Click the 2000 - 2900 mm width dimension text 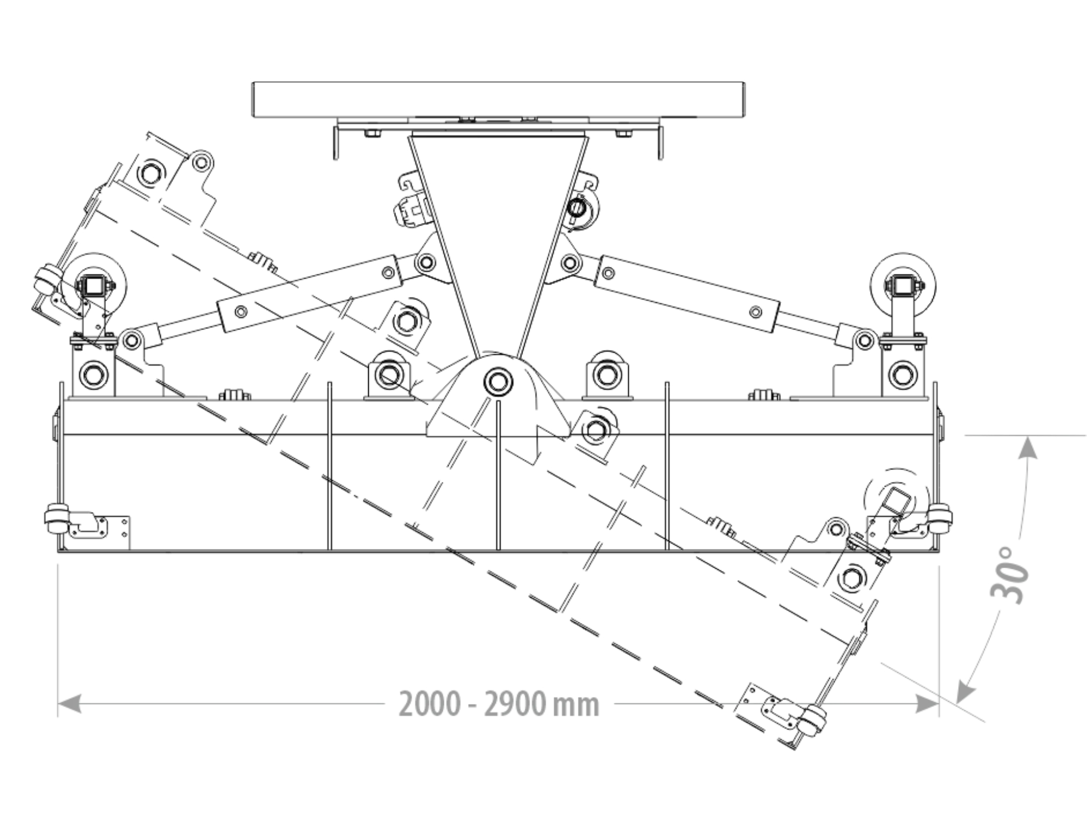click(x=499, y=705)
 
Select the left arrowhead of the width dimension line click(x=70, y=704)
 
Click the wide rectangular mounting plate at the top click(x=499, y=100)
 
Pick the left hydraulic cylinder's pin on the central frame click(x=426, y=263)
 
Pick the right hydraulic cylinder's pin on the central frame click(x=569, y=263)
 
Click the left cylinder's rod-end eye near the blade click(x=131, y=340)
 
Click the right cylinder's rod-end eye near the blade click(x=865, y=341)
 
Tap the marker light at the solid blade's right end click(x=941, y=517)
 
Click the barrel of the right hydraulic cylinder click(x=687, y=294)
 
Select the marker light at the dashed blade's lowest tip click(x=812, y=720)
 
